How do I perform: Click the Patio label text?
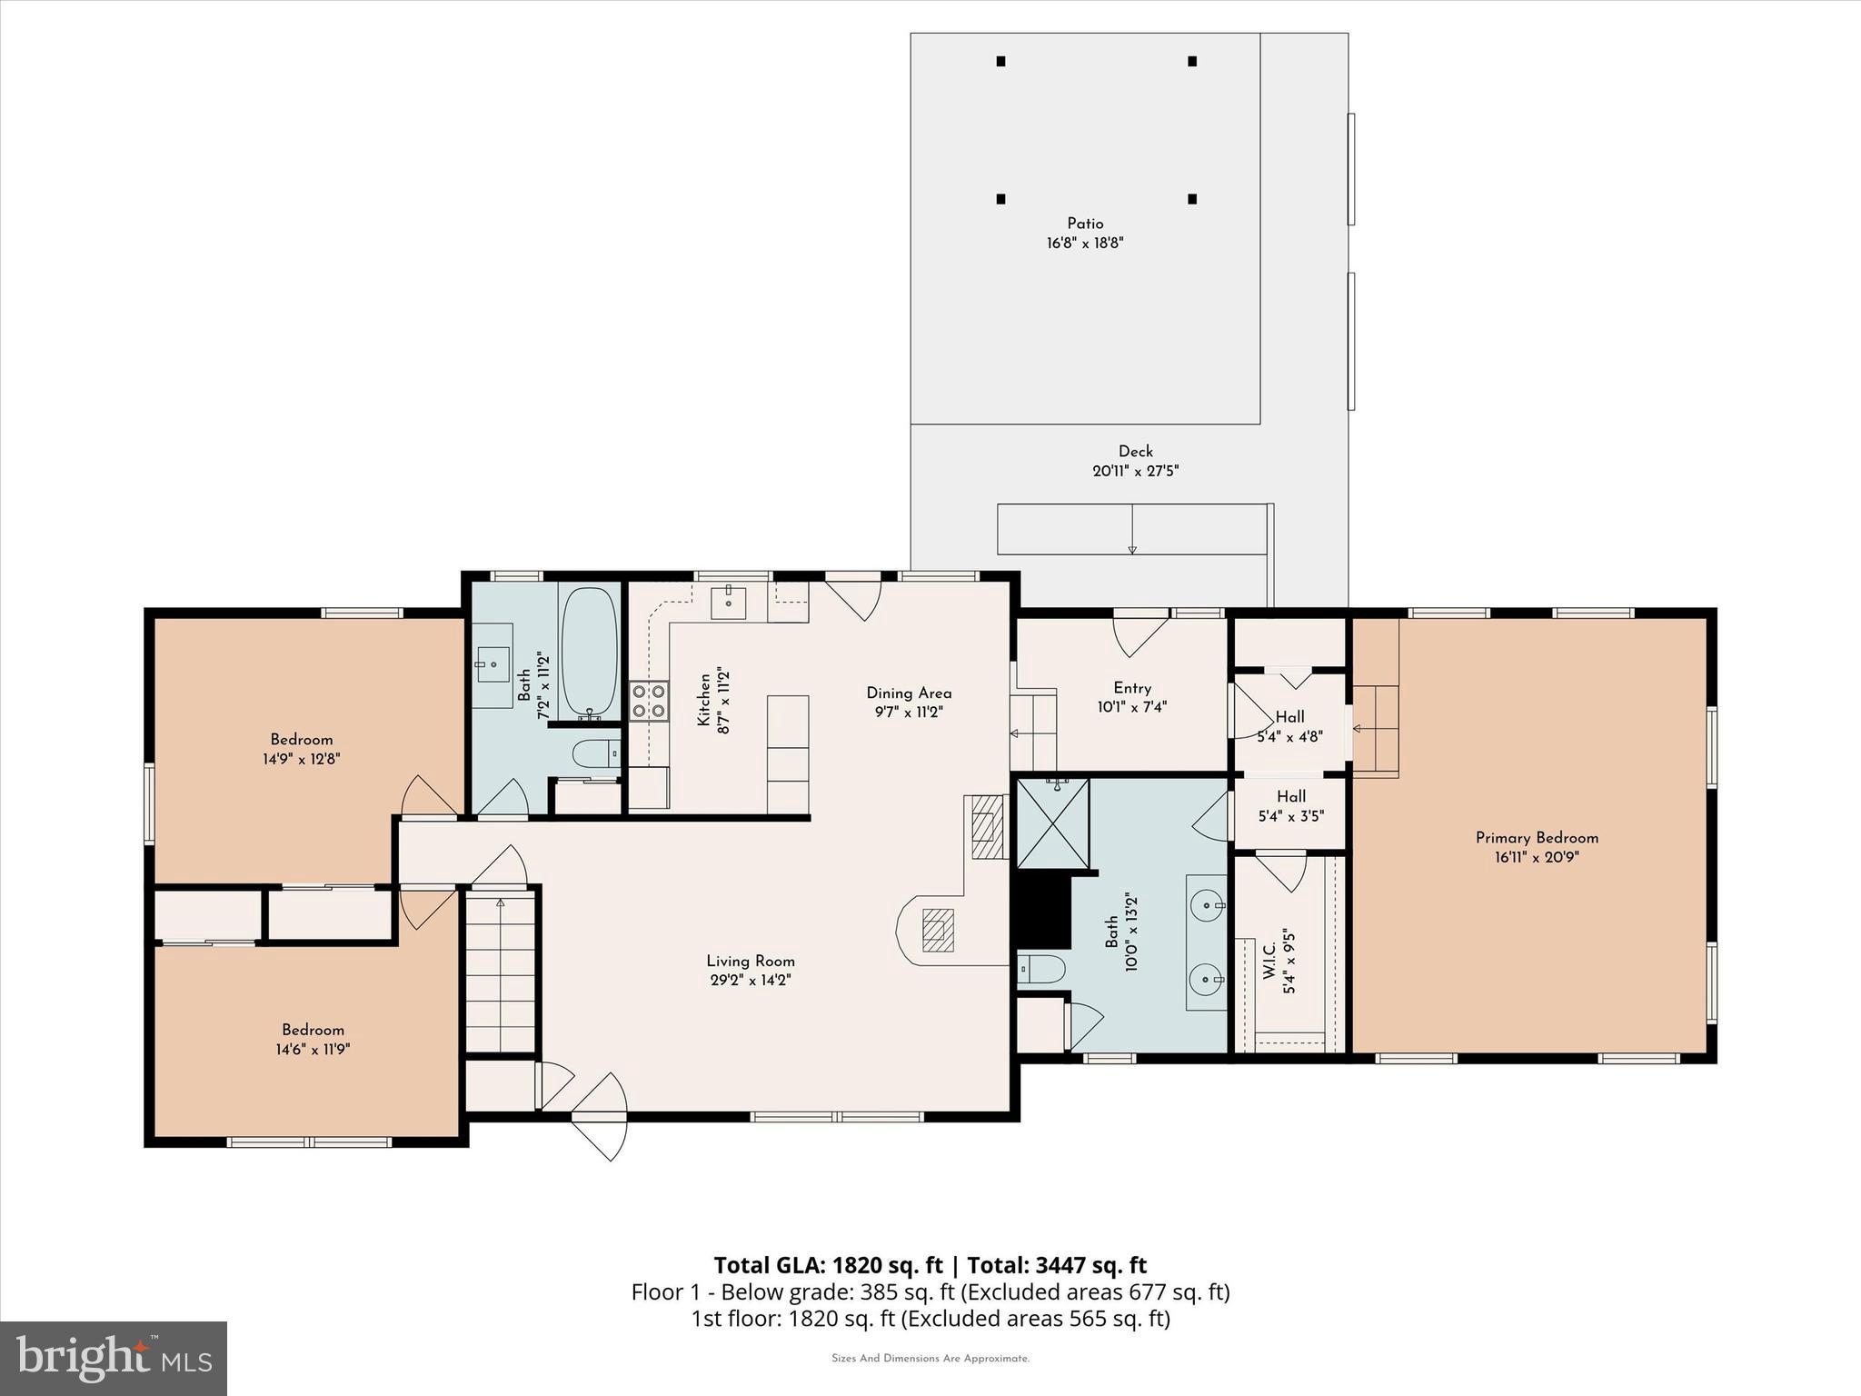click(x=1085, y=224)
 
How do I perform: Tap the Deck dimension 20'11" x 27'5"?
click(x=1135, y=471)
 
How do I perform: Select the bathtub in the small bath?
click(x=589, y=653)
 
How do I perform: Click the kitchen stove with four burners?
click(x=649, y=701)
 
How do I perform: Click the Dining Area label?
click(x=909, y=693)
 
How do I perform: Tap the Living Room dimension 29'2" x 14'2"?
click(x=750, y=981)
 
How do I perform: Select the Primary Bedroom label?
click(x=1537, y=838)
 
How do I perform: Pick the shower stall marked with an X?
click(x=1052, y=824)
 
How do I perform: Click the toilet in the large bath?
click(x=1041, y=969)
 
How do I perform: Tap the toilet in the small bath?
click(x=596, y=753)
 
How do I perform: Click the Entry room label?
click(x=1132, y=688)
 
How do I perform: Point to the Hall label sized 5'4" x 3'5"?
click(x=1290, y=806)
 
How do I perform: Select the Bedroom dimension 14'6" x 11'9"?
click(x=313, y=1050)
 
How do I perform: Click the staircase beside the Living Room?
click(x=500, y=972)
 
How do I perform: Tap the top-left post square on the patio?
click(x=1000, y=62)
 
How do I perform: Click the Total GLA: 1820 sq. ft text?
click(x=828, y=1265)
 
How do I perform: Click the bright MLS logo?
click(x=114, y=1358)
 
